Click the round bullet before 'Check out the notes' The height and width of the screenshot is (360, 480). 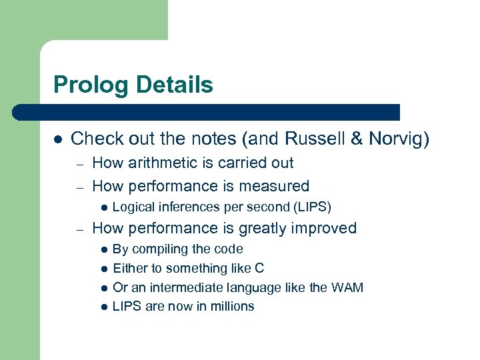point(58,139)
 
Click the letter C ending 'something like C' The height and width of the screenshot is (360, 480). point(260,268)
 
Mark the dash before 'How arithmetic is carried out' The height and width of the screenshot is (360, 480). point(79,163)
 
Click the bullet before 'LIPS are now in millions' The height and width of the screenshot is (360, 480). point(103,307)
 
